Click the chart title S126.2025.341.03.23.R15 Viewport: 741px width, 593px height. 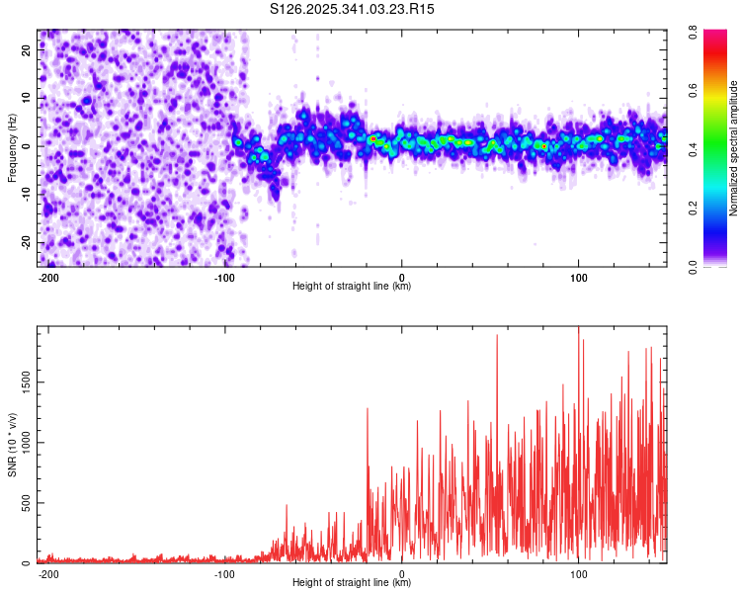pos(353,9)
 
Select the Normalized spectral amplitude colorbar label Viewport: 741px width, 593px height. pos(734,148)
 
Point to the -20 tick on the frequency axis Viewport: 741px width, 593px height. pos(26,243)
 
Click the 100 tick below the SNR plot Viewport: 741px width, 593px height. pos(578,574)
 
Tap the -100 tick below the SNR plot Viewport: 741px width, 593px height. pos(224,574)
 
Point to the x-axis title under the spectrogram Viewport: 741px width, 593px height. pos(353,287)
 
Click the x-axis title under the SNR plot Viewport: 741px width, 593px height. pos(353,583)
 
